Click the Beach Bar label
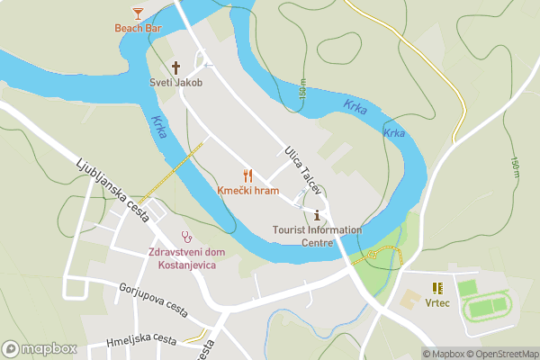[137, 28]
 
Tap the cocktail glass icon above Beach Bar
[137, 13]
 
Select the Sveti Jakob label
[175, 83]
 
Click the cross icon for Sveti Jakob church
[175, 67]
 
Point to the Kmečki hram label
[247, 191]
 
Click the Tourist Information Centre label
[317, 236]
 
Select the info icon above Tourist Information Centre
[317, 214]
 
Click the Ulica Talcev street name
[302, 166]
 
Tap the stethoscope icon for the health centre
[187, 237]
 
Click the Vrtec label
[437, 303]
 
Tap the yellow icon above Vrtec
[437, 288]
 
